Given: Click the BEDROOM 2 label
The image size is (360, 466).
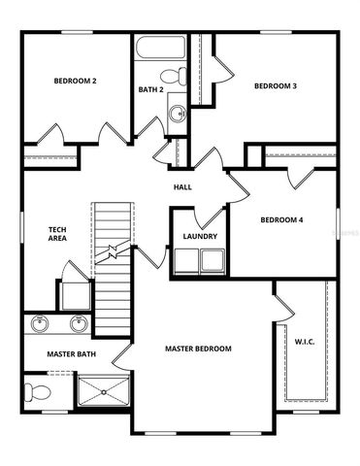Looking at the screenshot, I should tap(75, 81).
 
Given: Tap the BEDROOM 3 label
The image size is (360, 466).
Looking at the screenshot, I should tap(275, 86).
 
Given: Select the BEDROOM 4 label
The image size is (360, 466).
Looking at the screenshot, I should tap(281, 220).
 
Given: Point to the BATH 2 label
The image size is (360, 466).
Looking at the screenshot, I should tap(150, 90).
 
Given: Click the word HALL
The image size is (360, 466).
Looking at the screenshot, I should tap(182, 186).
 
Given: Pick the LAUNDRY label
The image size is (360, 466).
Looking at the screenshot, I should tap(200, 236).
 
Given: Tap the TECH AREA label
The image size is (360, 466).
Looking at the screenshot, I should tap(57, 234).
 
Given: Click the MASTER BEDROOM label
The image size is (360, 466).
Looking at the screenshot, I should tap(198, 348).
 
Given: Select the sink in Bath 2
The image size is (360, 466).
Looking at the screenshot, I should tap(178, 114).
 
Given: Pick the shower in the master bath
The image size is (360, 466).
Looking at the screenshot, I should tap(103, 392).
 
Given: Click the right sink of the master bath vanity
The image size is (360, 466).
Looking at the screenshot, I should tap(78, 323).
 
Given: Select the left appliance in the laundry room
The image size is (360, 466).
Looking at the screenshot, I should tap(184, 260).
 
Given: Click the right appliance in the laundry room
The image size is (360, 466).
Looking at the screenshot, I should tap(213, 260).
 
